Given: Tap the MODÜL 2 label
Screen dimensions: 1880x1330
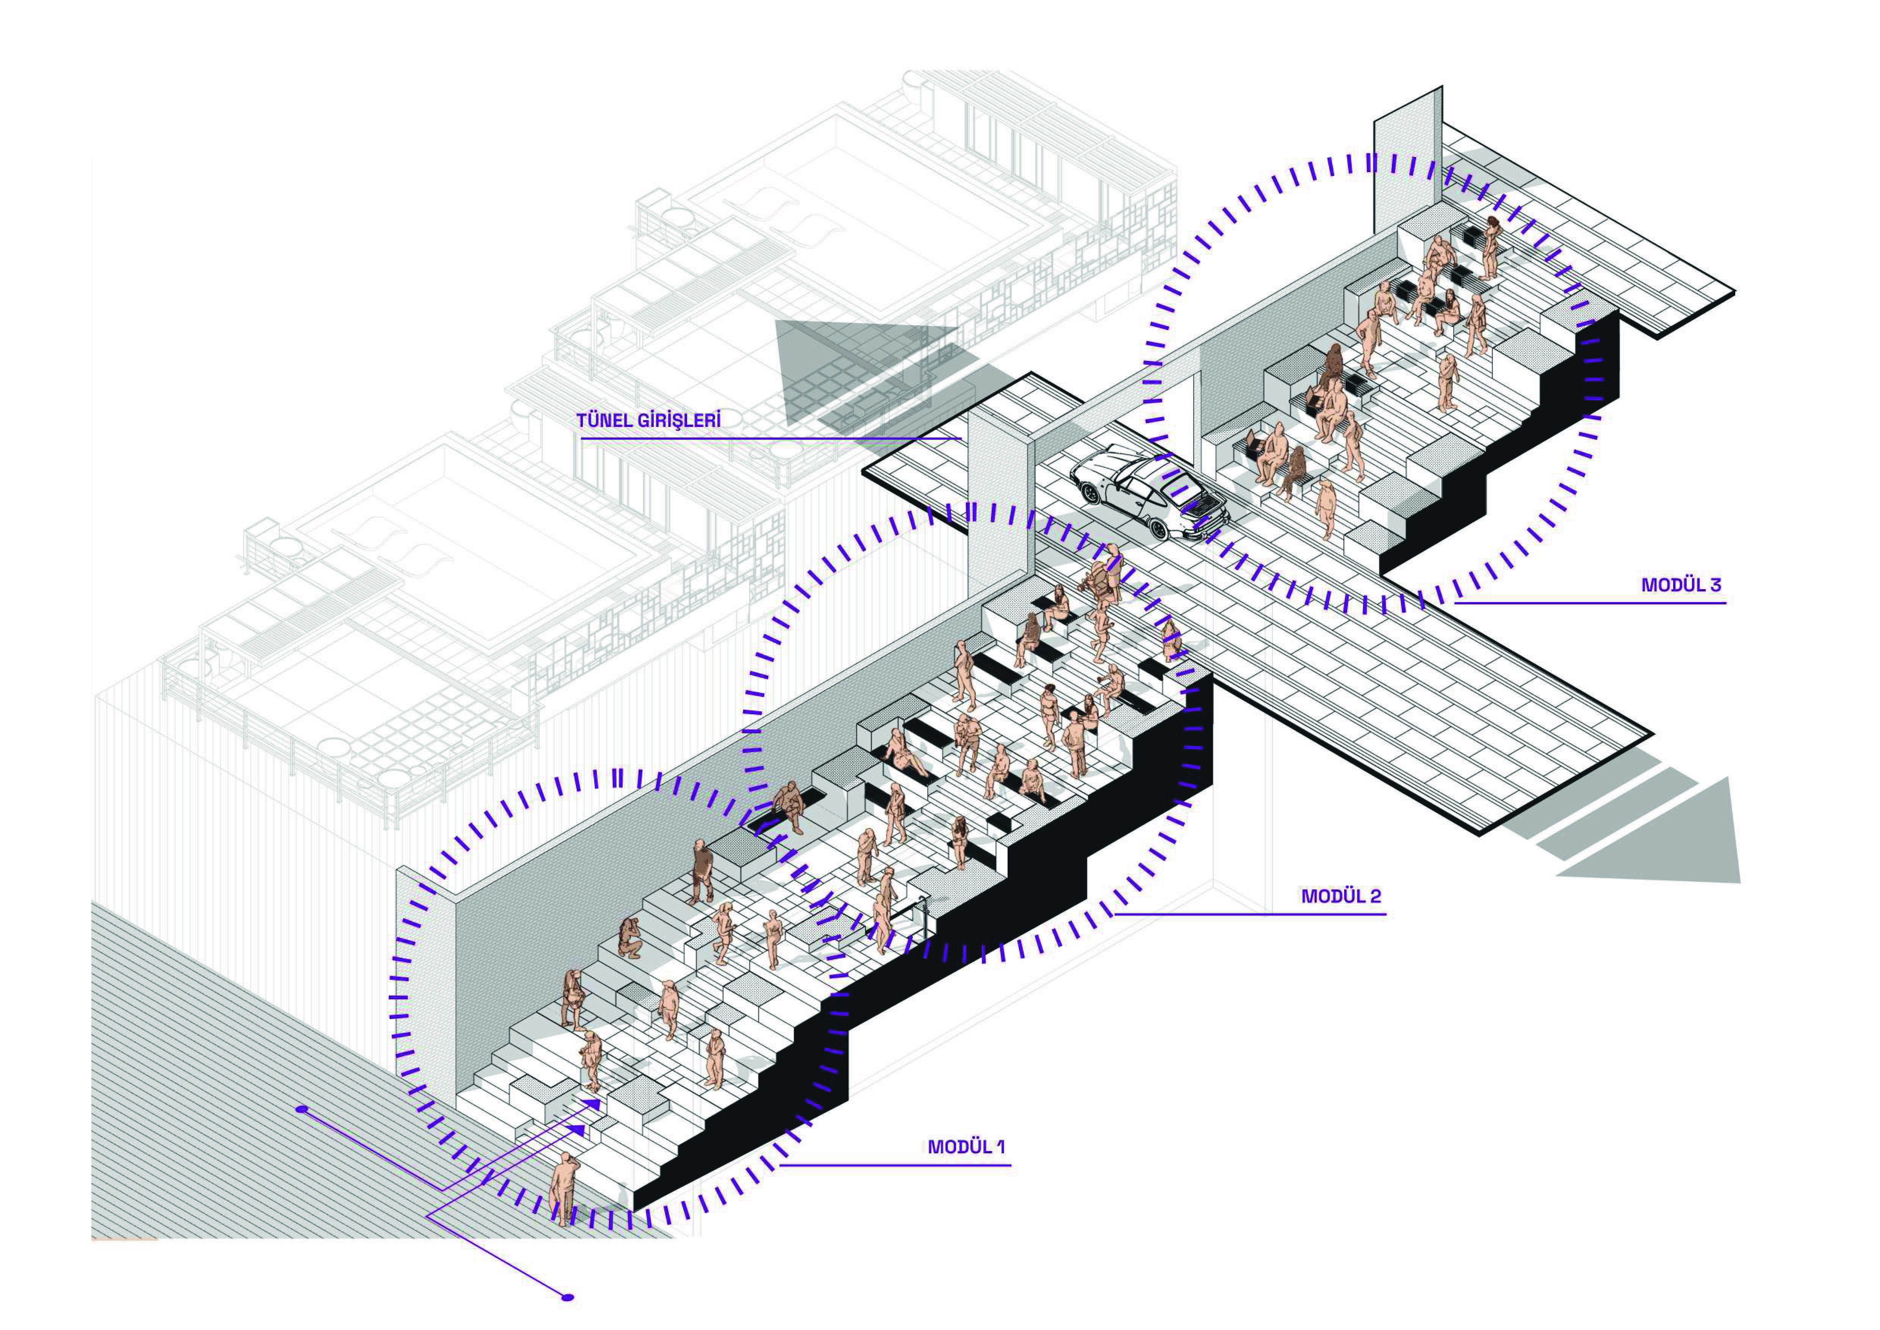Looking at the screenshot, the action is point(1340,897).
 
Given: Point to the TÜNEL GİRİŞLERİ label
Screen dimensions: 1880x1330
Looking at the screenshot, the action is point(648,421).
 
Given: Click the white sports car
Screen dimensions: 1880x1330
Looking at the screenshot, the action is point(1146,491).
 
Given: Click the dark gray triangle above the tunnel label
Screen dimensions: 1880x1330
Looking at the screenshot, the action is point(844,360).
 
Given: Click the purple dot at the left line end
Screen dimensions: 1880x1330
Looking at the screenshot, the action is point(302,1110).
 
